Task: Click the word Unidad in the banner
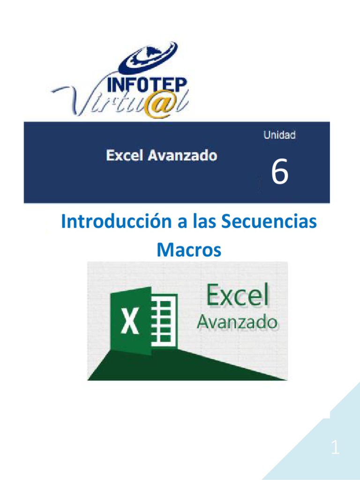279,135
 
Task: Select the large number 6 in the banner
280,172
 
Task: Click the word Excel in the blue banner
125,156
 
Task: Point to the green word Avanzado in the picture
237,322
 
